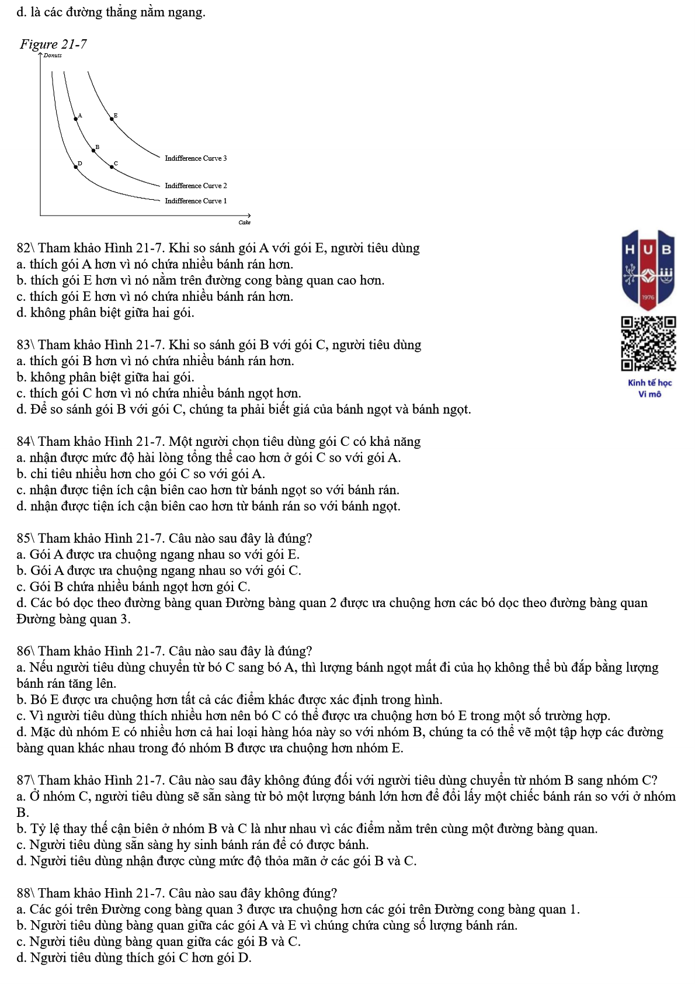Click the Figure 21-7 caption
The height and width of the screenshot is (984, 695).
coord(53,44)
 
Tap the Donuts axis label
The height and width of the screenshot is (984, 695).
coord(53,56)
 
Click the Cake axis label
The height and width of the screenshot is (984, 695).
coord(244,223)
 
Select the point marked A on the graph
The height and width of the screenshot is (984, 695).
coord(75,119)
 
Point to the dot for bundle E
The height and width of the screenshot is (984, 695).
coord(113,119)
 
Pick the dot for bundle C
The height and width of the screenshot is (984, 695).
coord(112,167)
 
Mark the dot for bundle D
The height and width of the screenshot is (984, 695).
coord(75,167)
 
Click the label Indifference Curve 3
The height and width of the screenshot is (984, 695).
coord(196,158)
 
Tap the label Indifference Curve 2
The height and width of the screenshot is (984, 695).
coord(196,186)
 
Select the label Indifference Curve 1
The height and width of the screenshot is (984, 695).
coord(196,201)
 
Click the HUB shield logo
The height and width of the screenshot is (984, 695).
coord(648,269)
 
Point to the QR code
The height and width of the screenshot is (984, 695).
coord(648,344)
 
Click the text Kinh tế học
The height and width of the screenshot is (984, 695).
coord(649,383)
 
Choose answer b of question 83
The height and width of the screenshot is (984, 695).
coord(105,377)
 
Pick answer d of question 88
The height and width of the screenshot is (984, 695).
coord(134,957)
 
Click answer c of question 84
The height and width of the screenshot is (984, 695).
coord(208,490)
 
